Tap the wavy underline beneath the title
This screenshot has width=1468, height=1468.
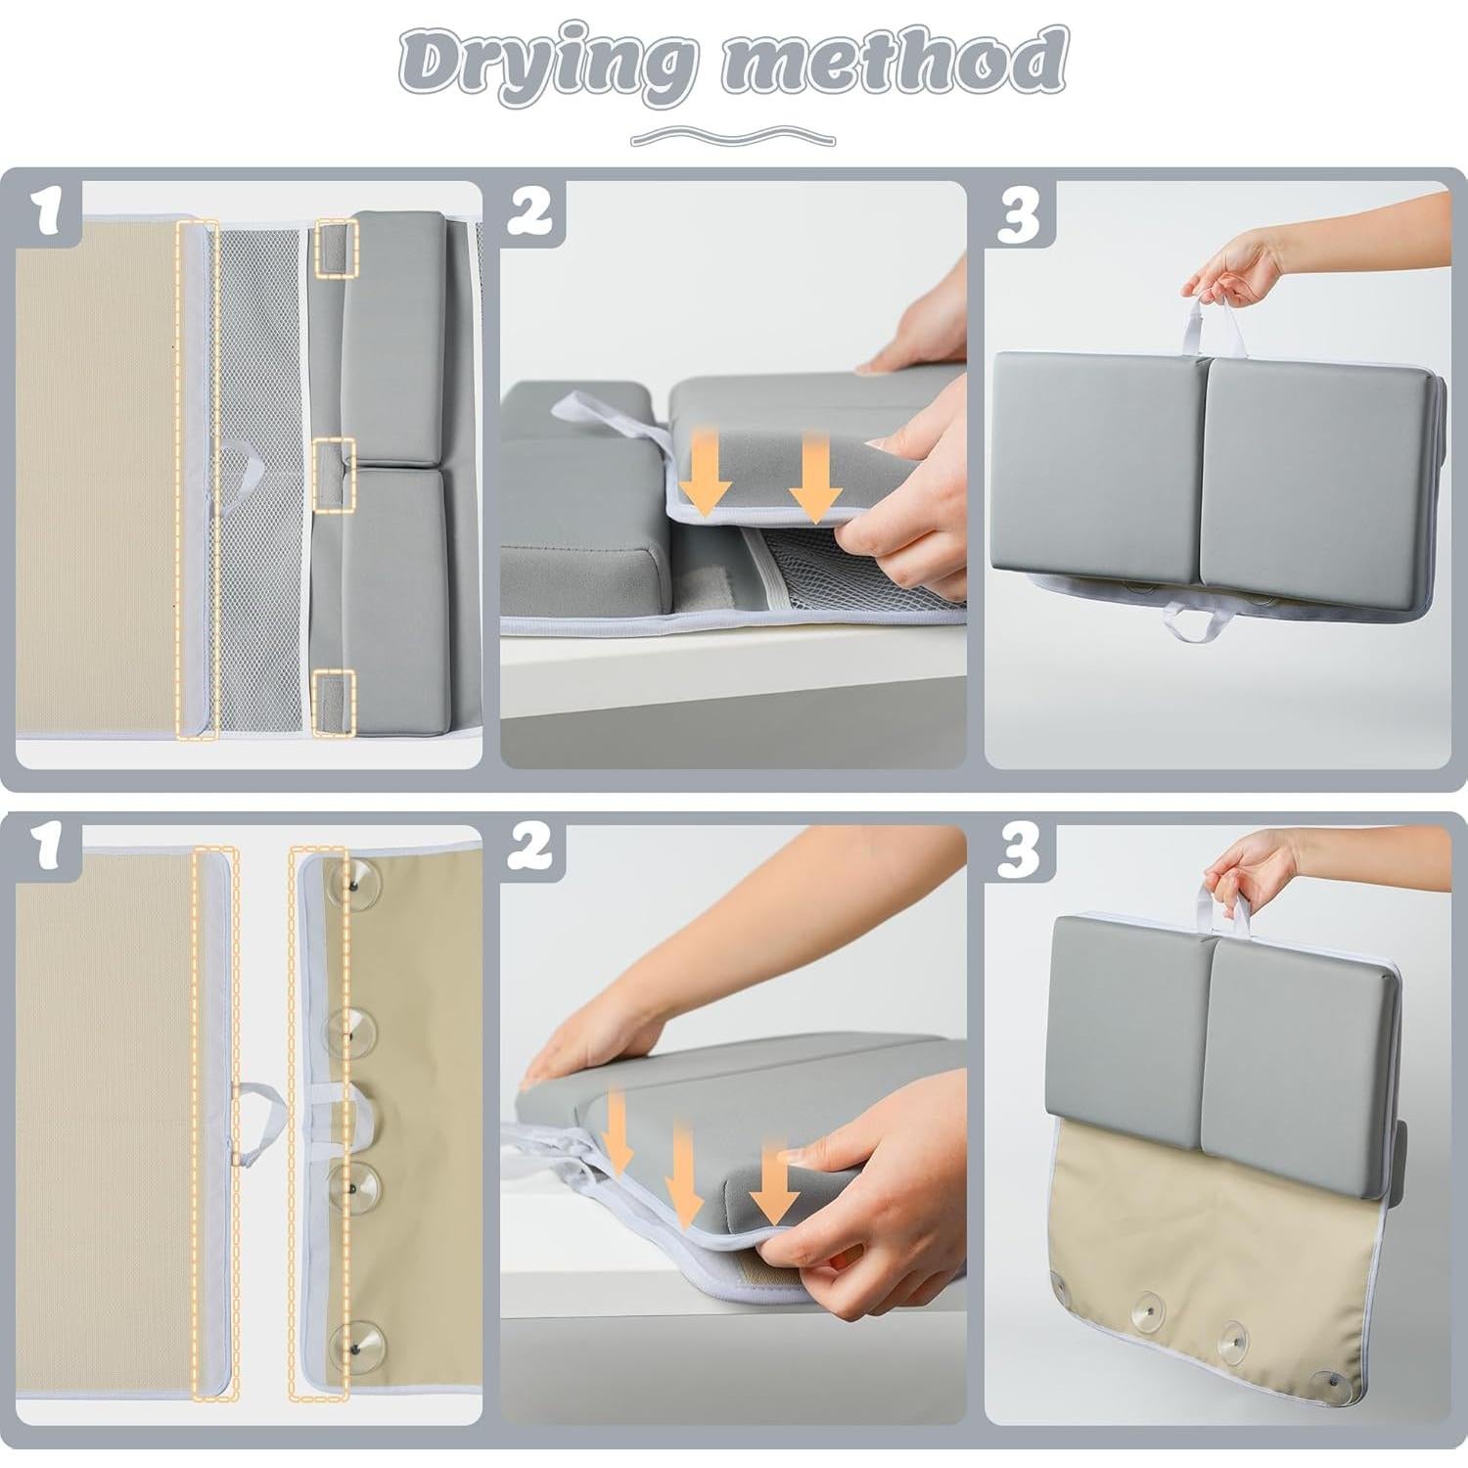pyautogui.click(x=733, y=135)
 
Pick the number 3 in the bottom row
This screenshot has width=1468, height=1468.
pyautogui.click(x=1018, y=853)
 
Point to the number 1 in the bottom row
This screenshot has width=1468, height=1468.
pyautogui.click(x=51, y=853)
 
